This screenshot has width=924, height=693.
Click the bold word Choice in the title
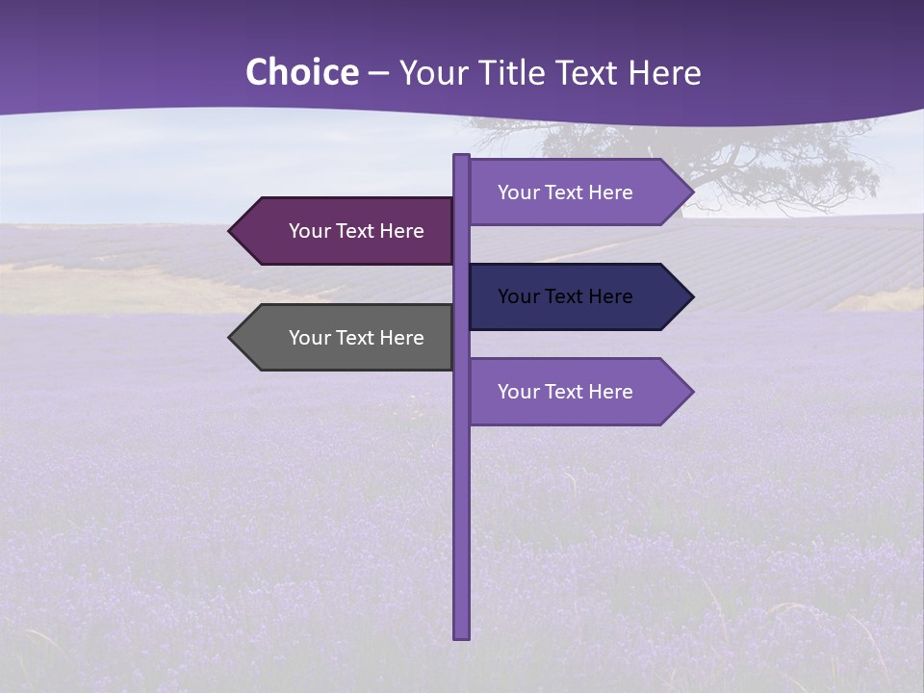pyautogui.click(x=301, y=73)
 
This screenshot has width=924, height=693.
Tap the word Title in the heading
pyautogui.click(x=512, y=73)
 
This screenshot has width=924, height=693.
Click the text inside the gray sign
pyautogui.click(x=356, y=338)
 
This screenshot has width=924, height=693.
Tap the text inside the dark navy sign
pyautogui.click(x=565, y=296)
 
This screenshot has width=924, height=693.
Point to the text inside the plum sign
pyautogui.click(x=356, y=231)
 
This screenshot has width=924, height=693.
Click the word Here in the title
pyautogui.click(x=664, y=73)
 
